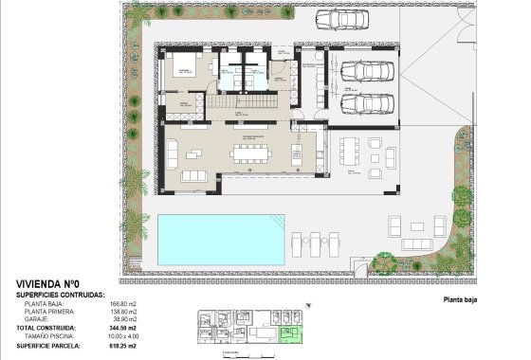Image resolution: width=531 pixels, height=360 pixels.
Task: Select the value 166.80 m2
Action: coord(127,304)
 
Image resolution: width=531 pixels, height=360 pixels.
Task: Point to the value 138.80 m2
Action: coord(127,312)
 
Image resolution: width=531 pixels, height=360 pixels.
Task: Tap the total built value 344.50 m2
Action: coord(126,328)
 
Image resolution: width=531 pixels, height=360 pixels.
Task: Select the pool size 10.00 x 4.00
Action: coord(123,335)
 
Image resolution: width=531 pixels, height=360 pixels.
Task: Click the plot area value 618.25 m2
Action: coord(126,346)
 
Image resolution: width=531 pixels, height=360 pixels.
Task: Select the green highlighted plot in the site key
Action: coord(297,333)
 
